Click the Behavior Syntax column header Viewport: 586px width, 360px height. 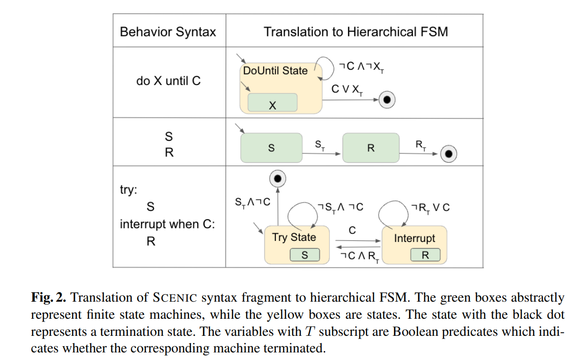168,32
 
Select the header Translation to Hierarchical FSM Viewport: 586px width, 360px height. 356,32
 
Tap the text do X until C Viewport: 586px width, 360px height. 168,81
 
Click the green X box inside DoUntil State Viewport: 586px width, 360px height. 272,103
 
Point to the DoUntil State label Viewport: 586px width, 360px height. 275,71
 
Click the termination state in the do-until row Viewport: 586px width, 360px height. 387,100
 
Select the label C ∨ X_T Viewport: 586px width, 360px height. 348,89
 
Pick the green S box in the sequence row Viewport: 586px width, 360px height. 271,148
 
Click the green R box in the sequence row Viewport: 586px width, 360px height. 371,148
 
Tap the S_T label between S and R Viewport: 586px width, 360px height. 320,144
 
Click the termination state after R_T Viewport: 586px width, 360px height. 449,153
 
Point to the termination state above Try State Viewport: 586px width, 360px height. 278,178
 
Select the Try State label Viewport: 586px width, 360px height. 294,237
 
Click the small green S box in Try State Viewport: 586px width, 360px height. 305,255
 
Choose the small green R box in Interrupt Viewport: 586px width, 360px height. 425,255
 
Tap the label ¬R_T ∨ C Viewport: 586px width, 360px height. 431,208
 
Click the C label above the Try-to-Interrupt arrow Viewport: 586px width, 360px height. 352,231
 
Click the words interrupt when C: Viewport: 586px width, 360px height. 167,224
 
